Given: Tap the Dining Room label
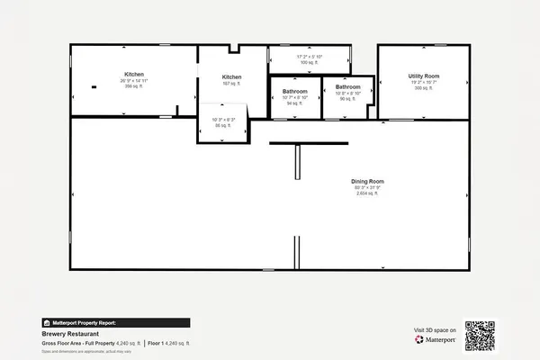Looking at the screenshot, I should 367,182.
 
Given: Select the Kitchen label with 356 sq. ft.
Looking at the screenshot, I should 134,75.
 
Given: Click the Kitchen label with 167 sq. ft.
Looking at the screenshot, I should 231,77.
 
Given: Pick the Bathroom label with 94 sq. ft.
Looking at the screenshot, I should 294,92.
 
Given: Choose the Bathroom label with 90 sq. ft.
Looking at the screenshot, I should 347,87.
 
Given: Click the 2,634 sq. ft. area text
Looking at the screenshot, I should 367,193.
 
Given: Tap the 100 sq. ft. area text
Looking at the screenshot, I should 310,62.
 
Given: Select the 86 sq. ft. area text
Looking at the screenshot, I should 222,126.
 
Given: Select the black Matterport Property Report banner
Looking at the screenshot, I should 115,322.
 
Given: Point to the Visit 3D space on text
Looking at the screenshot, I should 435,330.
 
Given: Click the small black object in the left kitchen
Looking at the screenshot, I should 94,87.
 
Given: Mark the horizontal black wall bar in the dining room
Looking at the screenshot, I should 296,142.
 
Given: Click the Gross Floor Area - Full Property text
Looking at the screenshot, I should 77,343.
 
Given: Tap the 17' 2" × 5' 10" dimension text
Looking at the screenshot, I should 310,56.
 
